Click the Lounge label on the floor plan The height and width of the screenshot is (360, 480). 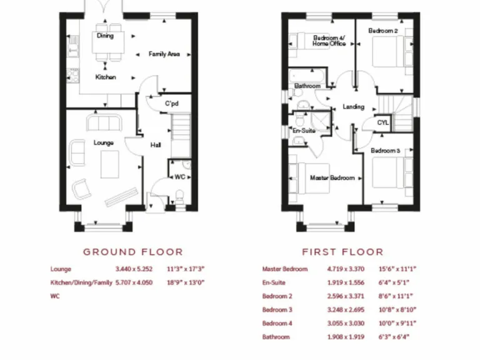tap(104, 142)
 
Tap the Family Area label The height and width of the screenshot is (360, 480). tap(164, 55)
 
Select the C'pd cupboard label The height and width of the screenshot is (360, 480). tap(172, 104)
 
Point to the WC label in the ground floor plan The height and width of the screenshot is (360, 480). tap(179, 177)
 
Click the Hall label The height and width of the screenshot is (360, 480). tap(156, 145)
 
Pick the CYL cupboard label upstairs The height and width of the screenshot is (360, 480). tap(383, 123)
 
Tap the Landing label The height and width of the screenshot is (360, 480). tap(353, 107)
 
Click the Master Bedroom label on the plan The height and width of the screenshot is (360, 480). tap(332, 178)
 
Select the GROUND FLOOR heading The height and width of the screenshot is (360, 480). tap(133, 252)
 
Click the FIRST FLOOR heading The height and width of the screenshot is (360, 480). tap(342, 252)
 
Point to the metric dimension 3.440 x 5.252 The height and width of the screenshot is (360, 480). tap(134, 269)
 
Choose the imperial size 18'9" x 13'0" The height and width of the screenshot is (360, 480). tap(186, 282)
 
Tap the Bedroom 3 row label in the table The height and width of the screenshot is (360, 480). tap(278, 309)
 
